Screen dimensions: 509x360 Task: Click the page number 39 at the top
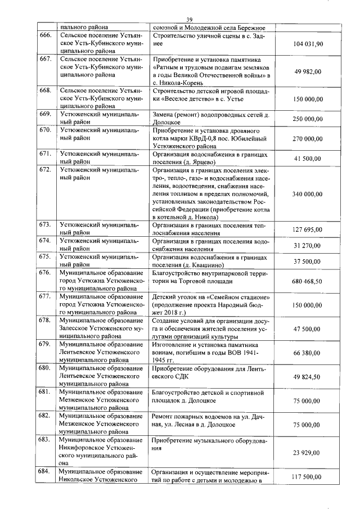click(190, 20)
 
